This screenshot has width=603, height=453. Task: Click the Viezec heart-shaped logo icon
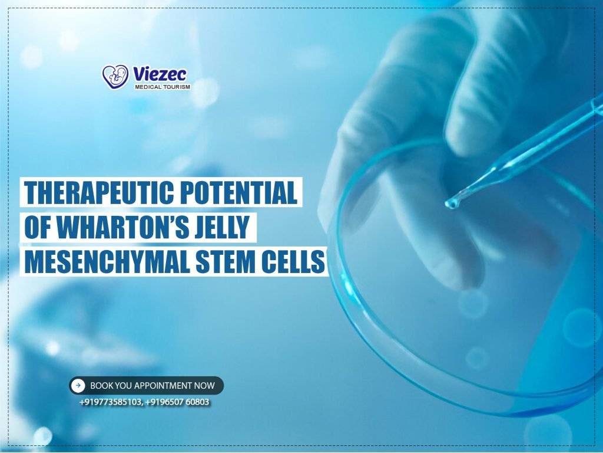(x=115, y=77)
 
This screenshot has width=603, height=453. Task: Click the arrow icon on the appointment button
(x=78, y=386)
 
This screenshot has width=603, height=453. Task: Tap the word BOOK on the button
(x=101, y=386)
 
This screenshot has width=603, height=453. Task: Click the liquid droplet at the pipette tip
(x=452, y=203)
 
